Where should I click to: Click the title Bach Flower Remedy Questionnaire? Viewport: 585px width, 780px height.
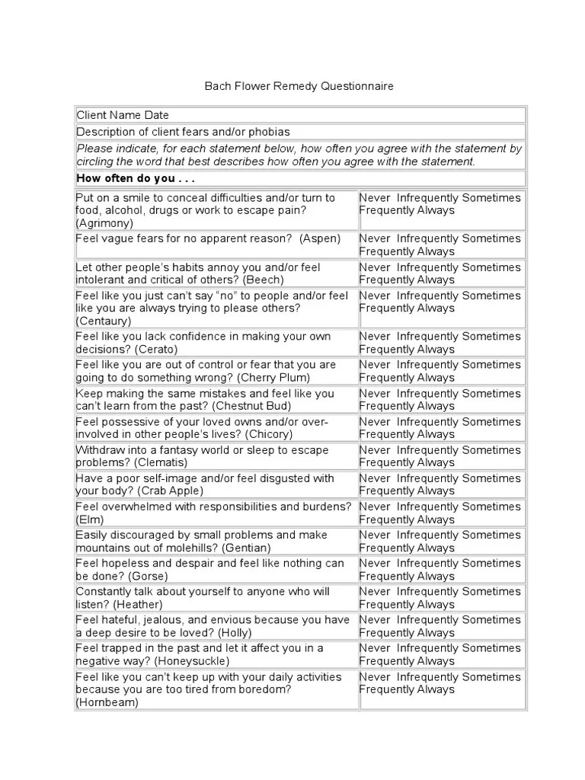click(299, 86)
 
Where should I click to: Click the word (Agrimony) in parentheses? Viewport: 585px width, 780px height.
click(104, 223)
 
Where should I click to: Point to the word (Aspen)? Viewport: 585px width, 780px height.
click(320, 238)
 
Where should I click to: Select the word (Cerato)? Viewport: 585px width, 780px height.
click(156, 349)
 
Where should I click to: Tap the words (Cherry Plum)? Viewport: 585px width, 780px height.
click(273, 377)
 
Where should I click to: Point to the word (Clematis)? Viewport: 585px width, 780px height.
click(161, 462)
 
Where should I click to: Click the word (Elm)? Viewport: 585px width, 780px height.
click(88, 519)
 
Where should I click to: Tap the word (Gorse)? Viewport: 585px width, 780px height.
click(148, 576)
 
